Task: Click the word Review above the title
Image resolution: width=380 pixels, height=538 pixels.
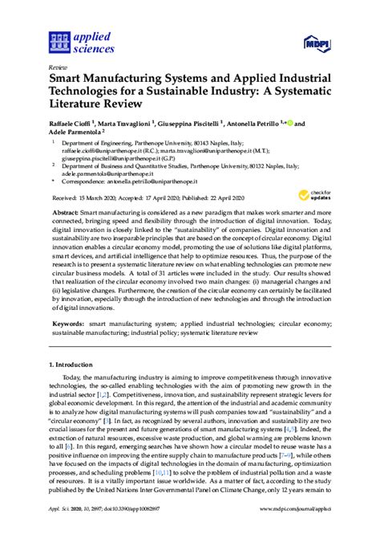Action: [58, 69]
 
